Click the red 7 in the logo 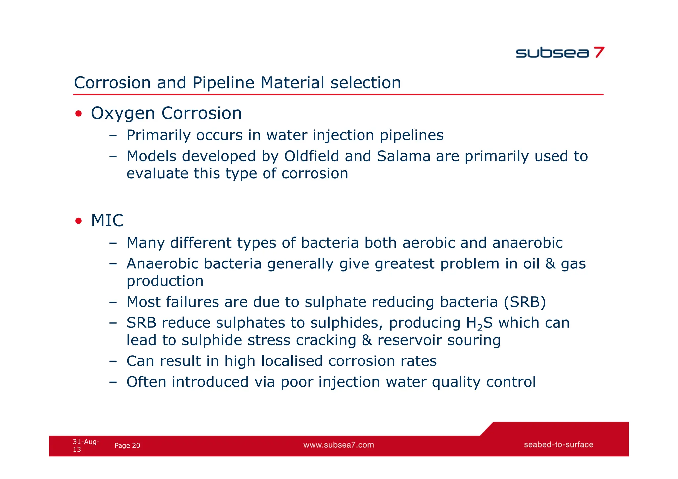[x=599, y=52]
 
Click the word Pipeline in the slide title [x=223, y=83]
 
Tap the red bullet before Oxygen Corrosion [x=78, y=114]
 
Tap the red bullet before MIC [x=78, y=221]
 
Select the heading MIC [x=107, y=221]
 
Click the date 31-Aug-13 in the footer [x=86, y=445]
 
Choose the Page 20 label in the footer [x=127, y=446]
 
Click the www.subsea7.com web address [x=338, y=445]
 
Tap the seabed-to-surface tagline [x=558, y=445]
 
